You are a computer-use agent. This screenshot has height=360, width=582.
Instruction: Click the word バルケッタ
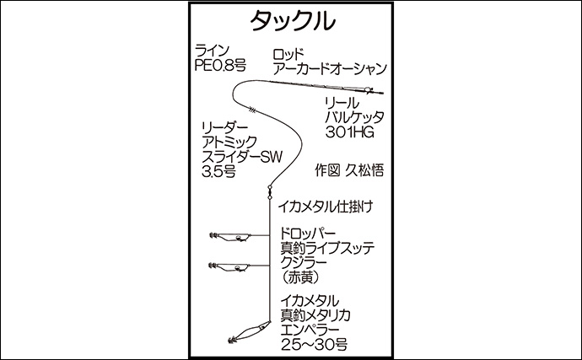coord(355,117)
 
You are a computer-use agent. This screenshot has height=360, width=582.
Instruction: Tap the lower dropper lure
coord(229,267)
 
